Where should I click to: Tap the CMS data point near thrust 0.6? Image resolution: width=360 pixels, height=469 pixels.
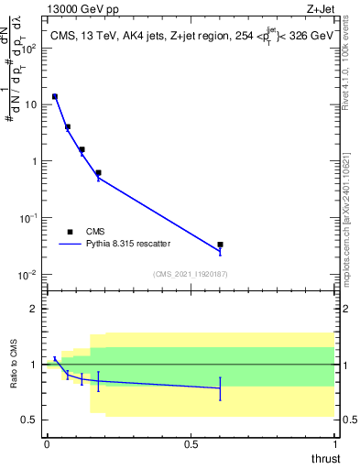pos(220,245)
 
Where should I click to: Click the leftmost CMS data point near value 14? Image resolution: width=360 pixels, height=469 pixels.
pos(55,96)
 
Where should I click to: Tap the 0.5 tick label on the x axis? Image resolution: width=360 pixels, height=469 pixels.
pos(191,443)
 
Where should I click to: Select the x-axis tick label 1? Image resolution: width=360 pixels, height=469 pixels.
pos(334,443)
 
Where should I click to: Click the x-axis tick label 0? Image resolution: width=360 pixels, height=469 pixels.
pos(47,443)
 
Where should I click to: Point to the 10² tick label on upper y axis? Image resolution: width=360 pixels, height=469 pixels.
pos(28,48)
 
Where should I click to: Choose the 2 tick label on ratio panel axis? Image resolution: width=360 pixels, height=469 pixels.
pos(34,309)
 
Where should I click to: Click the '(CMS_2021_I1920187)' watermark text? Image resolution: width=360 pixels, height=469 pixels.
pos(191,274)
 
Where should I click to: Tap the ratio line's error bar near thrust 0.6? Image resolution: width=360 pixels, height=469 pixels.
pos(220,388)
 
